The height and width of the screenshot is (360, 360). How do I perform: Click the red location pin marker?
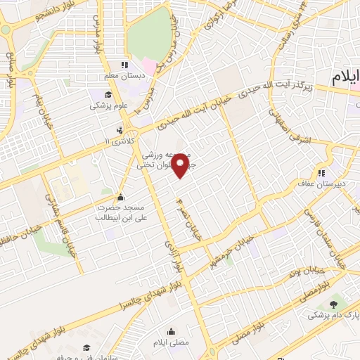(181, 163)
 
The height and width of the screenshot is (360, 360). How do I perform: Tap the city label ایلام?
(346, 75)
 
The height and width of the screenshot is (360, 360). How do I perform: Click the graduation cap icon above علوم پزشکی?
(108, 96)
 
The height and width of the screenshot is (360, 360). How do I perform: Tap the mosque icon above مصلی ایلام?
(172, 331)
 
